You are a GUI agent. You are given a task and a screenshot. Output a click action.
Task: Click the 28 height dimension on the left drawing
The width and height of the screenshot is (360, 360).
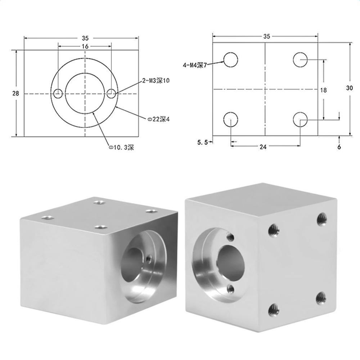[x=15, y=94]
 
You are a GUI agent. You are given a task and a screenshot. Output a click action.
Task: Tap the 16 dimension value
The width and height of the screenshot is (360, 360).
[x=85, y=46]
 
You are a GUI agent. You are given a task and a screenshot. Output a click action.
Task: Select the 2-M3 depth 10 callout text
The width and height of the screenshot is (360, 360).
[x=156, y=81]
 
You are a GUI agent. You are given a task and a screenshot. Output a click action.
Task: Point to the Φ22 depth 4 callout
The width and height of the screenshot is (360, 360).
[x=158, y=120]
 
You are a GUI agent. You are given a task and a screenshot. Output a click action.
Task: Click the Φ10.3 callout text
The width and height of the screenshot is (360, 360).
[x=121, y=147]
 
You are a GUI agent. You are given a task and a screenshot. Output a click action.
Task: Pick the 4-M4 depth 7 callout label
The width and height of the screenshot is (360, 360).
[x=195, y=66]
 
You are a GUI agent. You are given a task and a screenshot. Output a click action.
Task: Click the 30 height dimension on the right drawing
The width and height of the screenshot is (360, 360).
[x=349, y=88]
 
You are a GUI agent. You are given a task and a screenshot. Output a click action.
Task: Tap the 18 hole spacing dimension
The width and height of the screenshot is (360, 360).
[x=323, y=90]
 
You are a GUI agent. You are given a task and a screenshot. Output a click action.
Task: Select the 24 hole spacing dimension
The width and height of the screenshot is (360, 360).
[x=263, y=147]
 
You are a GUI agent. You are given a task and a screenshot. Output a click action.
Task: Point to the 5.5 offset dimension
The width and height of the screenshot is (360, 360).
[x=202, y=142]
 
